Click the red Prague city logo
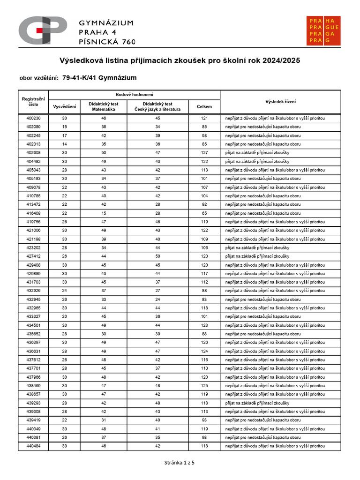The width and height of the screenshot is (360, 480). pos(324,31)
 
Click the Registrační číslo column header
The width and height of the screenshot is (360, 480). pos(33,102)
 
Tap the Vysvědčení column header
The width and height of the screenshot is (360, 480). pos(64,106)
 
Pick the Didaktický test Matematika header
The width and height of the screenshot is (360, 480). pos(104,106)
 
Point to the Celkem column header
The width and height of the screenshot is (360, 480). pos(204,106)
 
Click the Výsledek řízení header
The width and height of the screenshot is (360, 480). pos(280,102)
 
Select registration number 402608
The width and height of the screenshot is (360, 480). pos(33,153)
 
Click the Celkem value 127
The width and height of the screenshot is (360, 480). pos(204,153)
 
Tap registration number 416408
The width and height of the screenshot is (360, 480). pos(33,213)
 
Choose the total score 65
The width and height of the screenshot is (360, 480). pos(204,213)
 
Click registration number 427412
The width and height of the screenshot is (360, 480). pos(33,256)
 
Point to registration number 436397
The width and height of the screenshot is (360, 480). pos(33,343)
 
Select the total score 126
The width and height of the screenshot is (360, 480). pos(204,343)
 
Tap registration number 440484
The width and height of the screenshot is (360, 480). pos(33,446)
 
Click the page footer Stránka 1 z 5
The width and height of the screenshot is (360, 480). pos(180,463)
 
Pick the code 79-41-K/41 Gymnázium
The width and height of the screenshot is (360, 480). pos(99,78)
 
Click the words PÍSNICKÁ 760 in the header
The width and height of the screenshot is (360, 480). pos(107,41)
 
